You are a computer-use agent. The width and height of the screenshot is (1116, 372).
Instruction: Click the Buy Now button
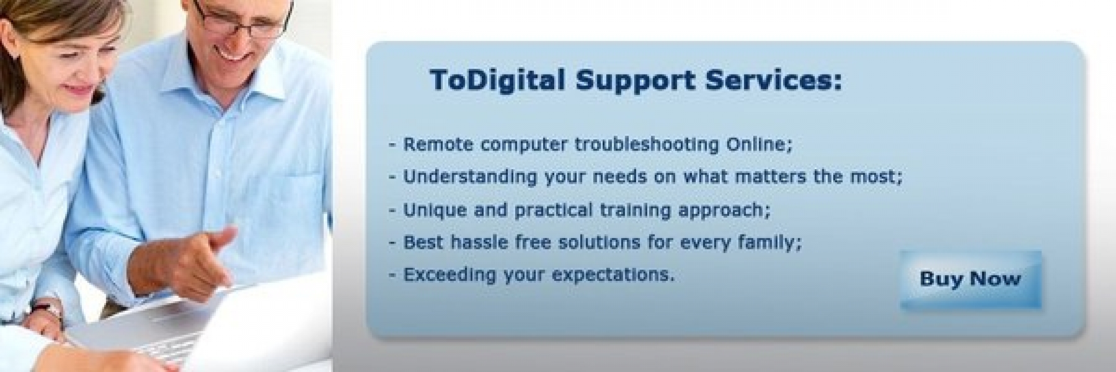pyautogui.click(x=970, y=280)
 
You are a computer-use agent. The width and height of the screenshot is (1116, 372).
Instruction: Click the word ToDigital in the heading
pyautogui.click(x=497, y=81)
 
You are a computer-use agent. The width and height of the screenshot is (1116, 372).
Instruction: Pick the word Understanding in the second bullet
pyautogui.click(x=471, y=177)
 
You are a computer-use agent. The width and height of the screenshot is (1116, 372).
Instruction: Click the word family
pyautogui.click(x=769, y=242)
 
